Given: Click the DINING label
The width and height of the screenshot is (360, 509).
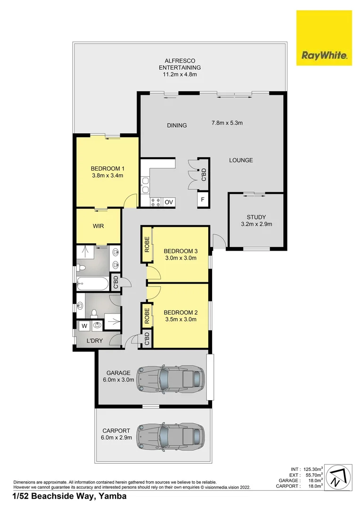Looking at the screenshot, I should point(177,125).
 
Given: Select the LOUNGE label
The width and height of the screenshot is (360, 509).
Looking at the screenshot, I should point(241,160).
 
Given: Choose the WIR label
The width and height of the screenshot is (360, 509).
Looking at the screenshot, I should point(98,226).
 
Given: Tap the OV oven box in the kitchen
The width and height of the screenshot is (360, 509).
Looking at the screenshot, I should point(169,202).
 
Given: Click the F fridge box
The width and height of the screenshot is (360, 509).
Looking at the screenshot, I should point(203,200).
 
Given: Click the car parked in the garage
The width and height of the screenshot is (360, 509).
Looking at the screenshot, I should point(171,378).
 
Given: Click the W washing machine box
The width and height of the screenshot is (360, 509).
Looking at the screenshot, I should point(84,325).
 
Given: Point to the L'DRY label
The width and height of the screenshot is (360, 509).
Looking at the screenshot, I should point(94,341).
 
